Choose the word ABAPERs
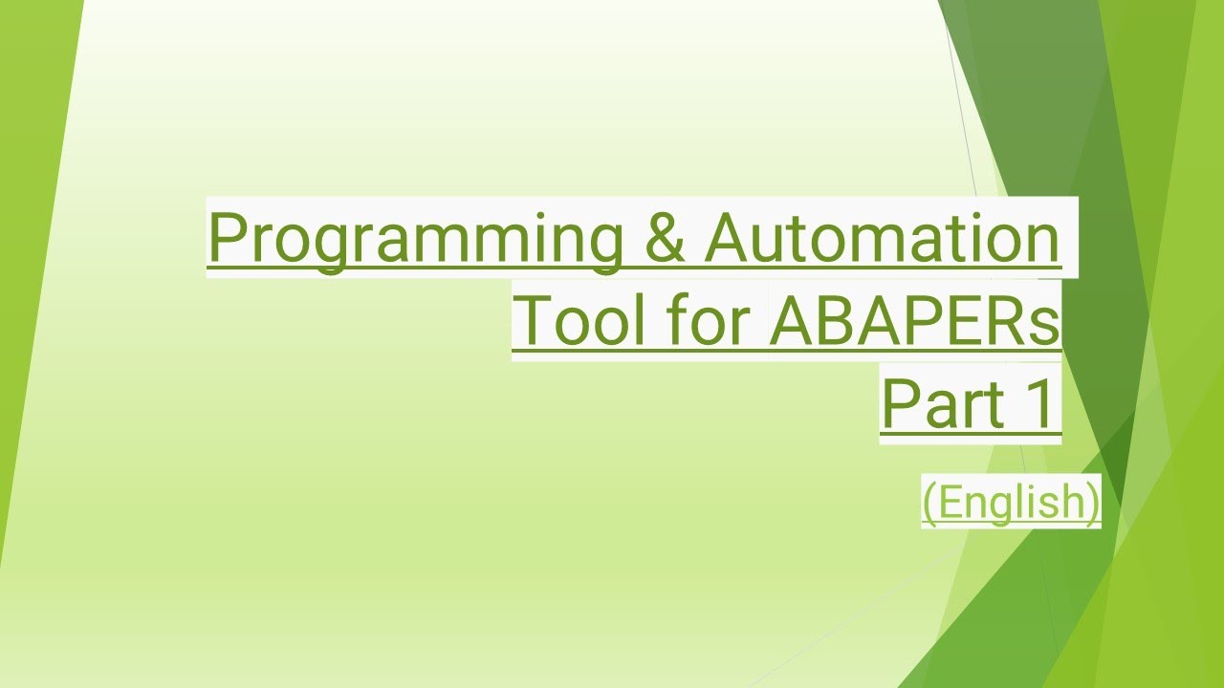pos(914,321)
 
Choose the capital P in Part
pos(899,403)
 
